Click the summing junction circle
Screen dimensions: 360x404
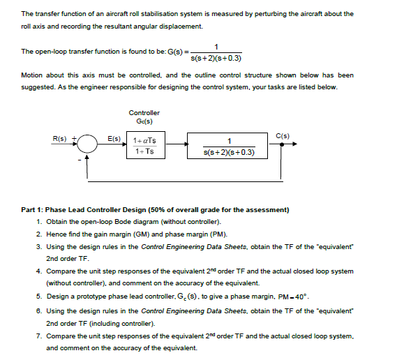point(87,145)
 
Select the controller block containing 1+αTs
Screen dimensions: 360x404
point(144,145)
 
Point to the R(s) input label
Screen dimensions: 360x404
point(60,138)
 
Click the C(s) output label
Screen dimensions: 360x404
point(283,135)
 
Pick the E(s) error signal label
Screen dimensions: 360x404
point(114,138)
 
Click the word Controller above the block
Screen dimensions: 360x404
point(144,112)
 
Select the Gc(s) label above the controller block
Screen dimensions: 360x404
point(144,121)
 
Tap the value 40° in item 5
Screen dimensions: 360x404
point(301,296)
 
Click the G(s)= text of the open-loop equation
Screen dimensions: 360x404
point(171,52)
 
